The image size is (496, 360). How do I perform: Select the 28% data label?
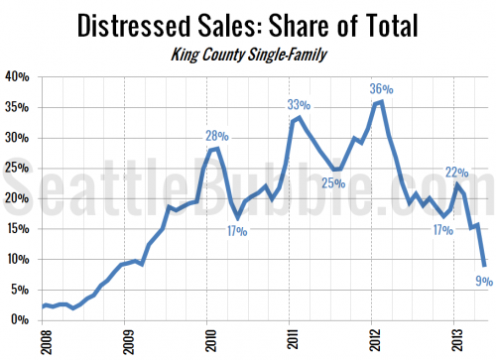[x=217, y=136]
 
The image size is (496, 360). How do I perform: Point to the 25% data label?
[x=332, y=182]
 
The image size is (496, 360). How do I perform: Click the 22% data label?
[x=456, y=172]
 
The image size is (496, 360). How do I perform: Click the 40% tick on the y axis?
[x=17, y=77]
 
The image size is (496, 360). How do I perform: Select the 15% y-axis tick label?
[x=17, y=229]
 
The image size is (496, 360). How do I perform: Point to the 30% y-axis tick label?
[x=17, y=138]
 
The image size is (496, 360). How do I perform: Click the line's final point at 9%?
[x=484, y=265]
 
